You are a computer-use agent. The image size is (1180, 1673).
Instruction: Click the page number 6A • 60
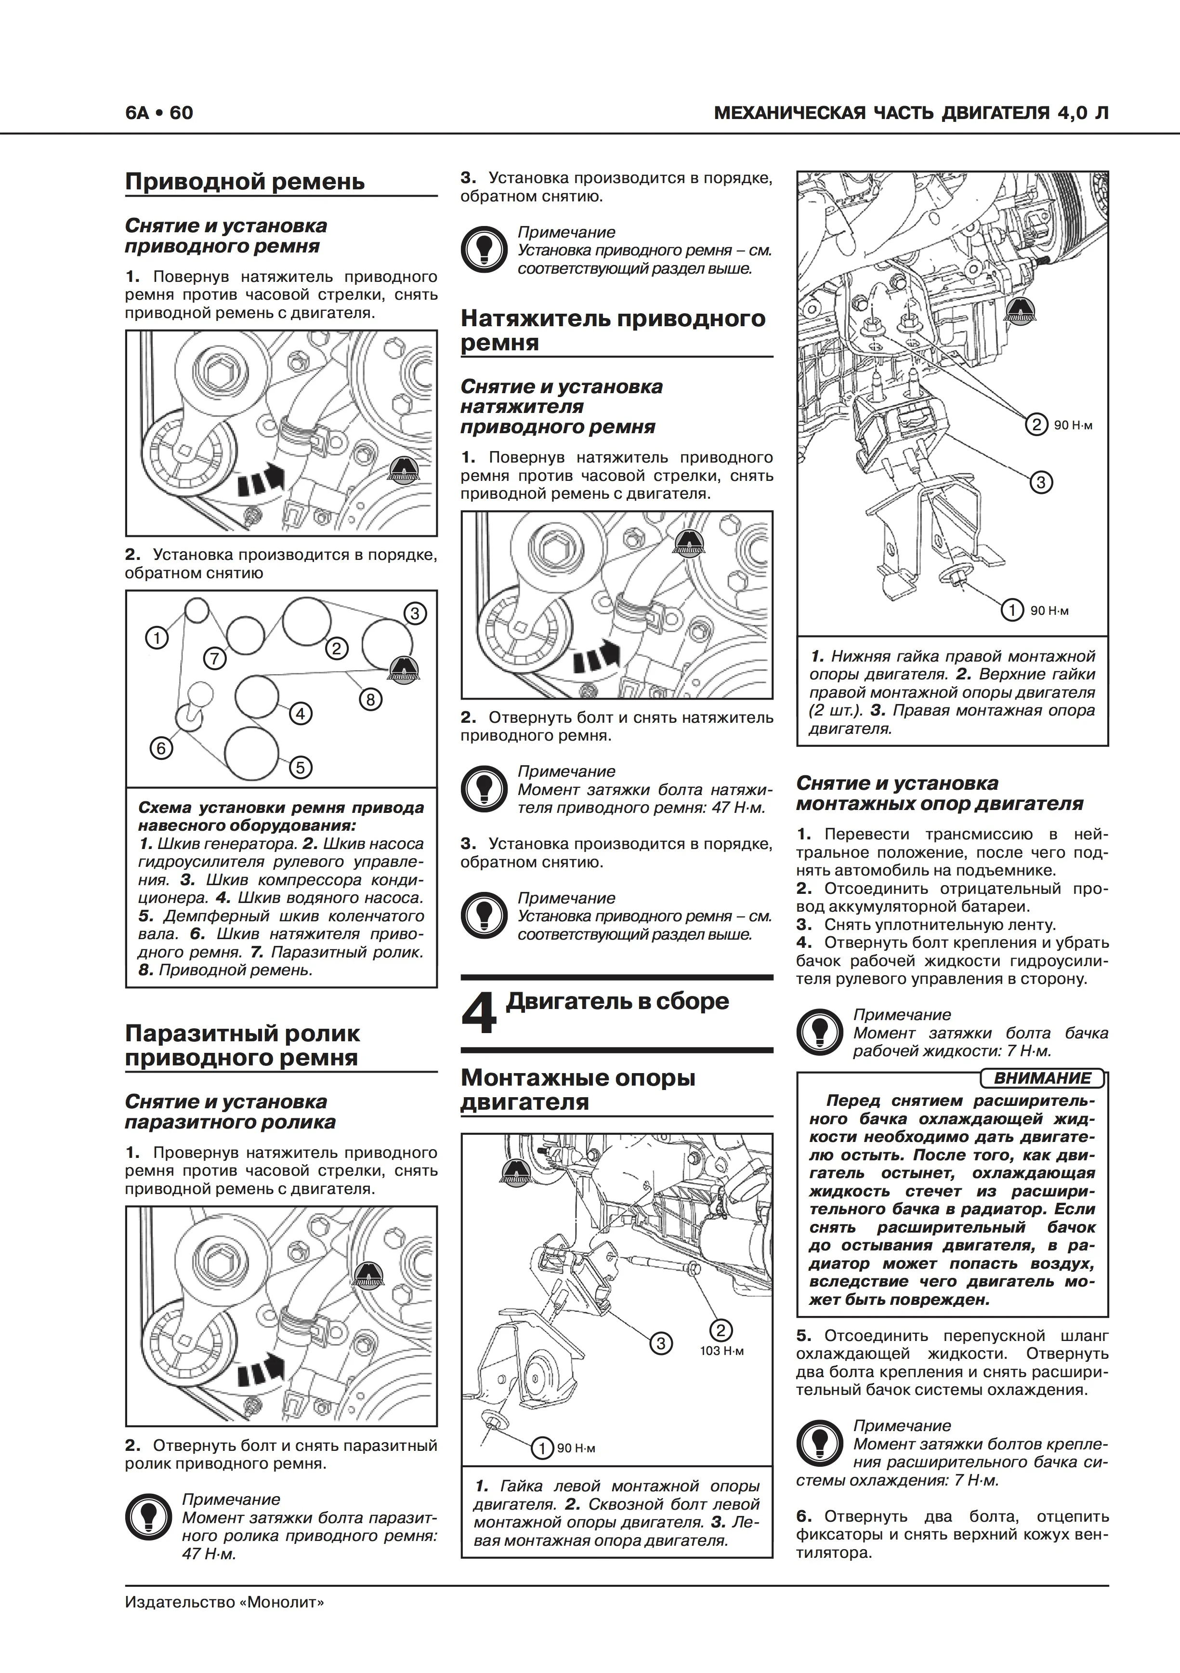(x=159, y=113)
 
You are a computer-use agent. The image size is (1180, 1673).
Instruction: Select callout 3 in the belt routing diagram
(x=415, y=613)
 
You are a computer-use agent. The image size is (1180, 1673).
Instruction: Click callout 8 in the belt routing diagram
(x=370, y=700)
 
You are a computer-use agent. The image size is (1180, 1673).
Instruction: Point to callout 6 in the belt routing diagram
(x=161, y=748)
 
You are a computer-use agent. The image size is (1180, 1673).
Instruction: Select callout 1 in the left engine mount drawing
(x=542, y=1448)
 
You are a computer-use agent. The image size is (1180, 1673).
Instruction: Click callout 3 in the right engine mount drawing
(x=1041, y=482)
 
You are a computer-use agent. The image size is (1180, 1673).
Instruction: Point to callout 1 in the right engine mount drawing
(x=1012, y=610)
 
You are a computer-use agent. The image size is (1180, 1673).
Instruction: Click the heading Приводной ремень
(x=245, y=182)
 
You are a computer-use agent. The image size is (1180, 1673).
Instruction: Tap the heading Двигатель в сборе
(x=617, y=1002)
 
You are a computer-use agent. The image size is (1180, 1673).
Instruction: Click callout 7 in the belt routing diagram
(x=214, y=659)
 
